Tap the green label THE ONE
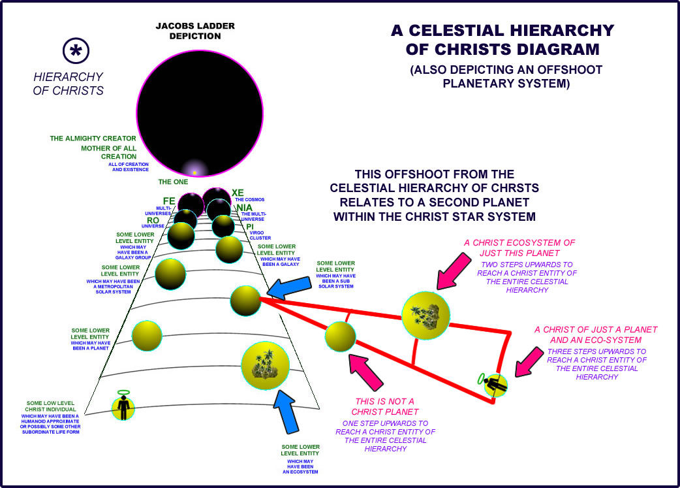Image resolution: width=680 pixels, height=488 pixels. pos(173,182)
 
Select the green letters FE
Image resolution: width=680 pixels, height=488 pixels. pos(169,201)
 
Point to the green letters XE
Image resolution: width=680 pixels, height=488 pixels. pos(238,193)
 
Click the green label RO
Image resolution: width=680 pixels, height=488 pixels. pos(153,220)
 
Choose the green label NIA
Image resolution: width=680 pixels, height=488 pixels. pos(244,207)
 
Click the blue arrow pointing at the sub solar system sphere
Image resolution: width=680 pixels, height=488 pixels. pos(291,286)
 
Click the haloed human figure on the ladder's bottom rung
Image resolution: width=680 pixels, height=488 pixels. pos(123,406)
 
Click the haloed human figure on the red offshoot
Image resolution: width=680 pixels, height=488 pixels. pos(495,383)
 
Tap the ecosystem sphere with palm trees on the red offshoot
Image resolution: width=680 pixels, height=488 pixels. pos(425,315)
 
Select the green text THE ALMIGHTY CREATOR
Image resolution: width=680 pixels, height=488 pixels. pos(93,138)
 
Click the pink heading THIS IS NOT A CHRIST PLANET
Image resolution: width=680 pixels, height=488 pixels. pos(385,406)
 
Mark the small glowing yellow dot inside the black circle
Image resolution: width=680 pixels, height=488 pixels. pos(194,172)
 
